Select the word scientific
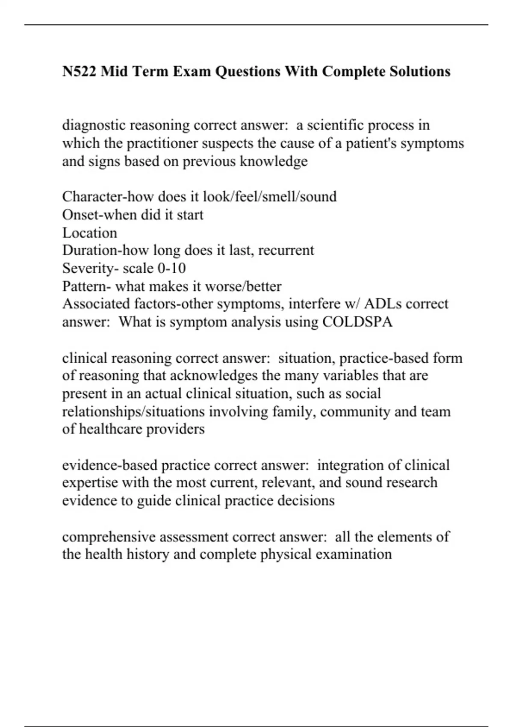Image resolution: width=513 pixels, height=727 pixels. click(x=334, y=125)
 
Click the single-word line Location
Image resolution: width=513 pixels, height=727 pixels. click(x=89, y=233)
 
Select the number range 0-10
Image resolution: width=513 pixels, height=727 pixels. click(x=171, y=268)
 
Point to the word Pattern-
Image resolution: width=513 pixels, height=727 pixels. click(x=86, y=286)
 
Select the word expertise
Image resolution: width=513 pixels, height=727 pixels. click(x=90, y=483)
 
